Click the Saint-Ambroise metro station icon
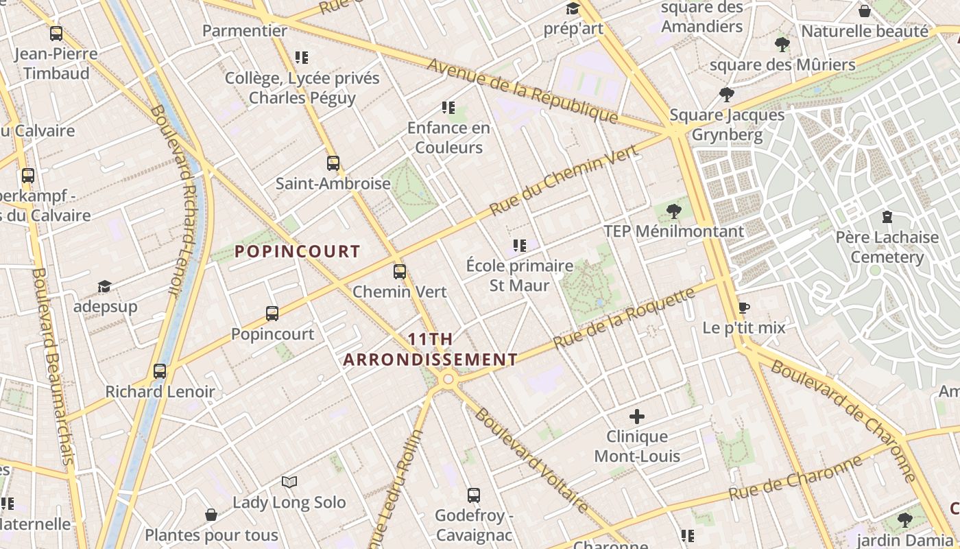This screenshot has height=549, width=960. pyautogui.click(x=333, y=163)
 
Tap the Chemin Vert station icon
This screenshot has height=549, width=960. pyautogui.click(x=400, y=272)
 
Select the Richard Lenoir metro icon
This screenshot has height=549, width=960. pyautogui.click(x=160, y=371)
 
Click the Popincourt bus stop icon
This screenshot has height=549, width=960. pyautogui.click(x=272, y=314)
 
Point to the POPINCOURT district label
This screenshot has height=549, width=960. pyautogui.click(x=298, y=252)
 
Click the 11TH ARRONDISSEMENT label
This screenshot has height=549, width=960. pyautogui.click(x=431, y=349)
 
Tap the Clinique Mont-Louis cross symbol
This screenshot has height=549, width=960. pyautogui.click(x=637, y=416)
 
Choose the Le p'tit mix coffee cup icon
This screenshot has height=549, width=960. pyautogui.click(x=744, y=307)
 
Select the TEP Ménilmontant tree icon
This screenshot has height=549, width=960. pyautogui.click(x=674, y=211)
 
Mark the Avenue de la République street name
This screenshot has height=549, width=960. pyautogui.click(x=523, y=91)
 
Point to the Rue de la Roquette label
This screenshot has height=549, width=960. pyautogui.click(x=624, y=318)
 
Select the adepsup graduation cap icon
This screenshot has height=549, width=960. pyautogui.click(x=104, y=286)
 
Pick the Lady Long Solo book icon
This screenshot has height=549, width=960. pyautogui.click(x=289, y=482)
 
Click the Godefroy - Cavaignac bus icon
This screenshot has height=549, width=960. pyautogui.click(x=473, y=495)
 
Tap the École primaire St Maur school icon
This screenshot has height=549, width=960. pyautogui.click(x=519, y=245)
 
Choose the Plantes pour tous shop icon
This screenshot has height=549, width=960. pyautogui.click(x=211, y=515)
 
